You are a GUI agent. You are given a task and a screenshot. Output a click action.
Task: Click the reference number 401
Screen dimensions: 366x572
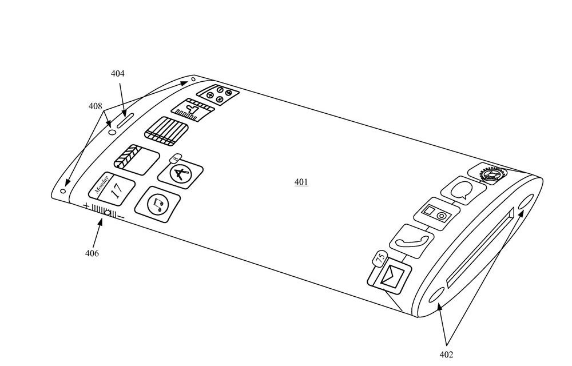(x=301, y=182)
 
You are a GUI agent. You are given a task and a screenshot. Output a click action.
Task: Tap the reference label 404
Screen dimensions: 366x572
(x=118, y=74)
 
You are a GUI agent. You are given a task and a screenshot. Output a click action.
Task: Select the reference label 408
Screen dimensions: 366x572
(x=95, y=106)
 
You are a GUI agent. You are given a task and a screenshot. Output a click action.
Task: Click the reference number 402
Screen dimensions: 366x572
(x=447, y=355)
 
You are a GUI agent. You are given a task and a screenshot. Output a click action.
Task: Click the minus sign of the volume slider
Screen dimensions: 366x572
(x=121, y=216)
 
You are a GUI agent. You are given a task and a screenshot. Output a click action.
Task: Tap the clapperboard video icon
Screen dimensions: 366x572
(x=136, y=156)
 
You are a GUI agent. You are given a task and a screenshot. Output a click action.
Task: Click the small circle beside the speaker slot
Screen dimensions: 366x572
(x=112, y=132)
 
